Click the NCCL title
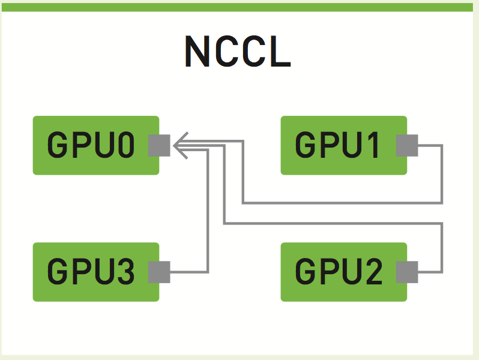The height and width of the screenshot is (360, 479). [x=238, y=52]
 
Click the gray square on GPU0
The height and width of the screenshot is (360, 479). [x=159, y=146]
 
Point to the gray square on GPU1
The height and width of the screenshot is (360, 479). [x=407, y=146]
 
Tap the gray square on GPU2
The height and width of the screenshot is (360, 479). [x=407, y=272]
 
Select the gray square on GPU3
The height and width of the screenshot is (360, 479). [x=159, y=272]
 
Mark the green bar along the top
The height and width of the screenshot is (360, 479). [x=238, y=7]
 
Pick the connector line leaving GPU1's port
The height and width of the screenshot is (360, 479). [x=442, y=174]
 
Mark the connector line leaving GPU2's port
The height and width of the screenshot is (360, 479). [x=442, y=246]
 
